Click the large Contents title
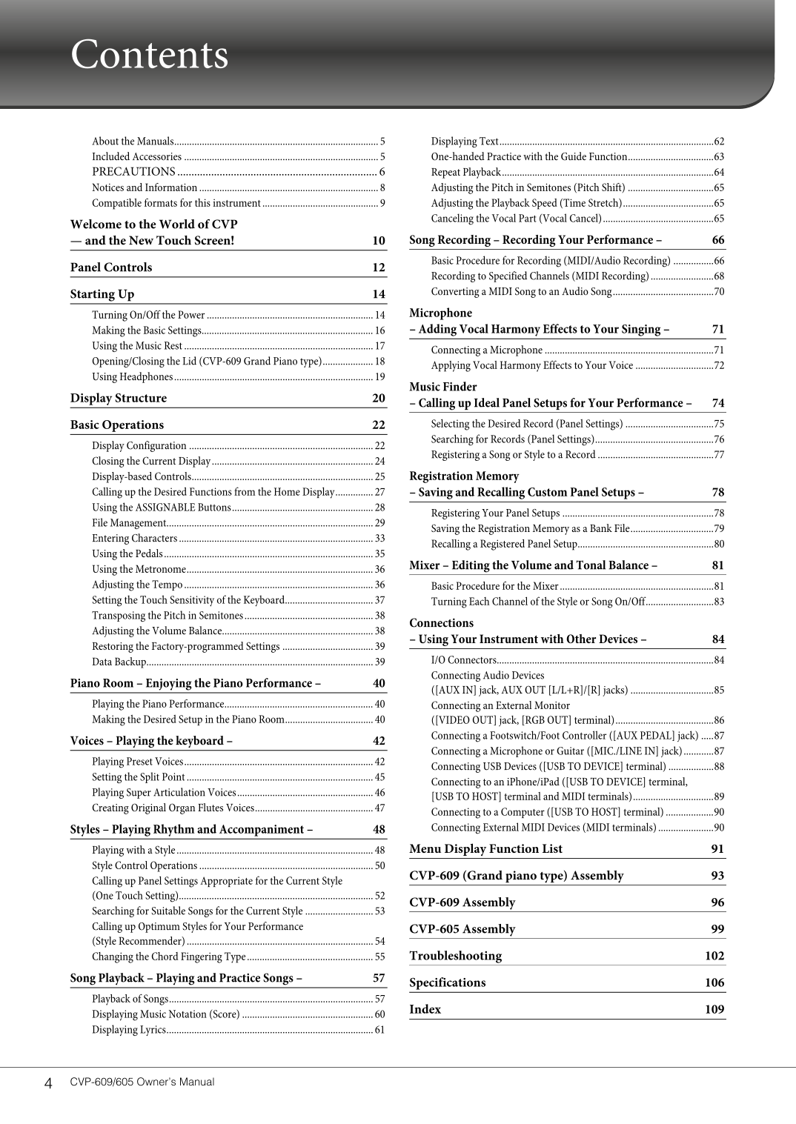(x=149, y=55)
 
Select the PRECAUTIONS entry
(x=133, y=172)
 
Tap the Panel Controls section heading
(x=111, y=267)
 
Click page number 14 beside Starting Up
(x=379, y=294)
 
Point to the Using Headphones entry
(x=132, y=377)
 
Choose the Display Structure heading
(x=119, y=399)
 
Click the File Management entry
(x=129, y=523)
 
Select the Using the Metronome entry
(x=139, y=570)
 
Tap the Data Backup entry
(x=119, y=662)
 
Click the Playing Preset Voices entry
(x=137, y=762)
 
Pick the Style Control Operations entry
(x=145, y=866)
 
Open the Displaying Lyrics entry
(x=129, y=1030)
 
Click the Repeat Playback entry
(x=466, y=173)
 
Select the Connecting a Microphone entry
(x=487, y=350)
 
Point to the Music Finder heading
(x=443, y=387)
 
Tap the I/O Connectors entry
(x=464, y=660)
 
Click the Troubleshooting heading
(x=455, y=956)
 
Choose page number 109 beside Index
(x=714, y=1009)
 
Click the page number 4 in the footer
(x=48, y=1083)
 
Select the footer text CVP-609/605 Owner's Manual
(x=142, y=1082)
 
